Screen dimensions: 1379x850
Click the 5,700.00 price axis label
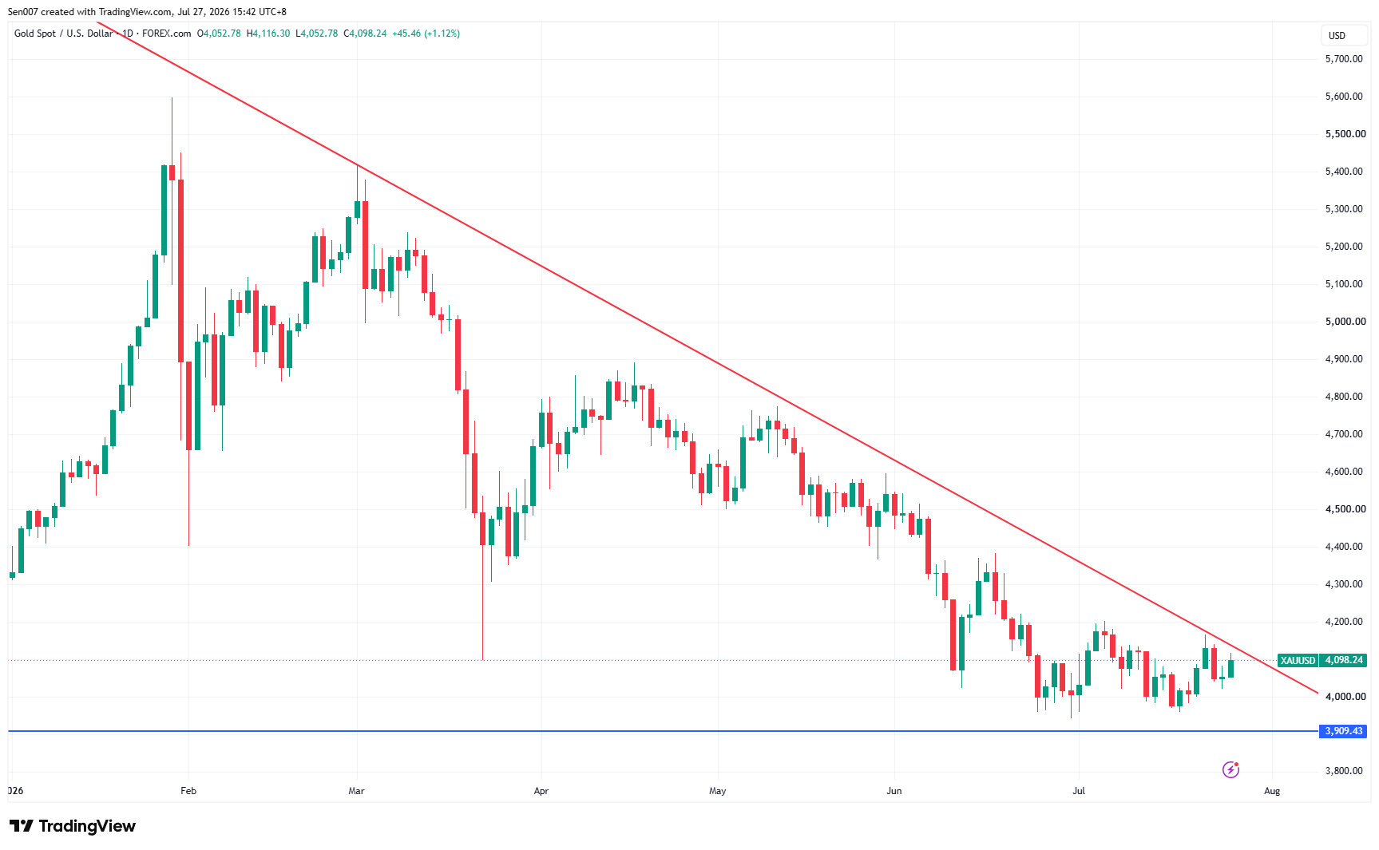(1344, 59)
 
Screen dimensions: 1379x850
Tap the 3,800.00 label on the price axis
(1344, 771)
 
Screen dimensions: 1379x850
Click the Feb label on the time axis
(188, 791)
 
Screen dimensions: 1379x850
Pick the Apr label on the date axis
(541, 791)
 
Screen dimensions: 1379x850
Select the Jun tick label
(894, 791)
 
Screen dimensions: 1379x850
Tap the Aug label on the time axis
(1272, 791)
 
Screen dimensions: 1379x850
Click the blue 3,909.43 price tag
(1344, 731)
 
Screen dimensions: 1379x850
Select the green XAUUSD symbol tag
(1298, 661)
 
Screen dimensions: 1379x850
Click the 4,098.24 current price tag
(1344, 661)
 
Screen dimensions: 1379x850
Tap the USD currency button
(1337, 36)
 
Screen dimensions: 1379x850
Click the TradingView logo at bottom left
(73, 826)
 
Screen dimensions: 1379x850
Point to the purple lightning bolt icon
(1230, 769)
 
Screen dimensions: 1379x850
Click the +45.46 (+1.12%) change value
(426, 34)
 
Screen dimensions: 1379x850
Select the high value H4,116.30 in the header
(268, 34)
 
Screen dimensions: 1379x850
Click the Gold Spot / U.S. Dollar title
(64, 34)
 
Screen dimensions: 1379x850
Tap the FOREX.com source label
(166, 34)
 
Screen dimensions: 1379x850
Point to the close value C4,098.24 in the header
(365, 34)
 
